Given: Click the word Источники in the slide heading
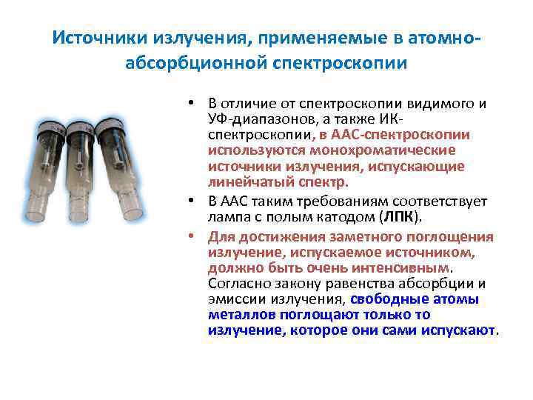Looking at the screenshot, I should [x=95, y=38].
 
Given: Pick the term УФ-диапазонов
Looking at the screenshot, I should [x=249, y=119].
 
